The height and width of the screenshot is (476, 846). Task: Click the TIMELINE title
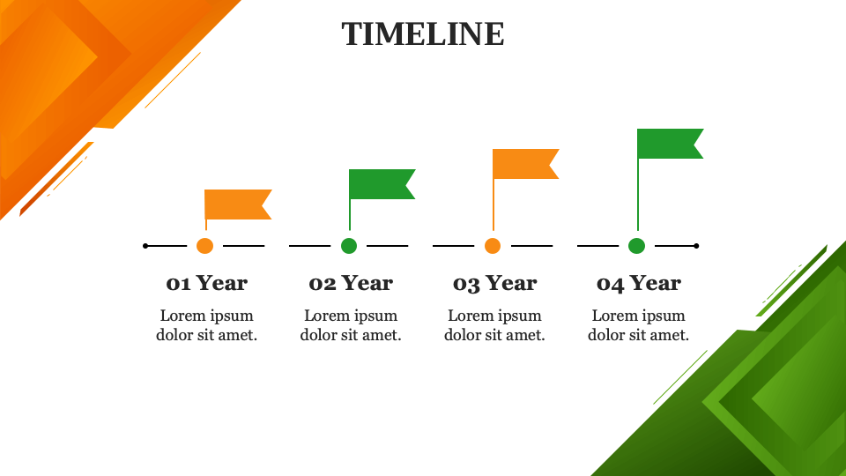click(x=423, y=34)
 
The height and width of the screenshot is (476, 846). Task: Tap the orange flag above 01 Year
click(x=236, y=205)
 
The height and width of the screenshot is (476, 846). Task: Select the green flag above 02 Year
click(x=381, y=184)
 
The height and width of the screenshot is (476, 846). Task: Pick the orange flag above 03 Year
click(x=524, y=164)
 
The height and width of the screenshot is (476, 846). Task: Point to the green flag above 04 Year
click(x=669, y=144)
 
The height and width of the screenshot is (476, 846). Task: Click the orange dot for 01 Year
click(x=205, y=246)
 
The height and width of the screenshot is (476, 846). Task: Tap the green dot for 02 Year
click(x=349, y=246)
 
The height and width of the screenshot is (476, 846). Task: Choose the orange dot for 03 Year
click(x=493, y=246)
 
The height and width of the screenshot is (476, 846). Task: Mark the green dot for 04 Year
click(x=637, y=246)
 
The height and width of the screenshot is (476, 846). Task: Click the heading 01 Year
click(x=207, y=283)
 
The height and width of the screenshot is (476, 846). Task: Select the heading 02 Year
click(x=351, y=283)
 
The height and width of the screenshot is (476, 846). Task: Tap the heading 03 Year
click(x=494, y=283)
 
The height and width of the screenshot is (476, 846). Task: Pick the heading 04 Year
click(x=639, y=283)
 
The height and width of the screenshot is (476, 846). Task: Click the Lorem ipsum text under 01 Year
click(x=207, y=325)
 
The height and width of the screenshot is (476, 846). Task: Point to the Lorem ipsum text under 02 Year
click(x=351, y=325)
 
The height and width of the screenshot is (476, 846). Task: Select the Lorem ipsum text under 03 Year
click(x=494, y=325)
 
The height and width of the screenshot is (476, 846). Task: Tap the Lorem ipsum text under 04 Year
click(x=639, y=325)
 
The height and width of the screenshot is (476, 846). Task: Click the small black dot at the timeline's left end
click(x=145, y=246)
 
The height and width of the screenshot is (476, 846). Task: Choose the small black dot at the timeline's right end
click(x=696, y=246)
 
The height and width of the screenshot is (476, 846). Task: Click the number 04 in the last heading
click(x=611, y=284)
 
